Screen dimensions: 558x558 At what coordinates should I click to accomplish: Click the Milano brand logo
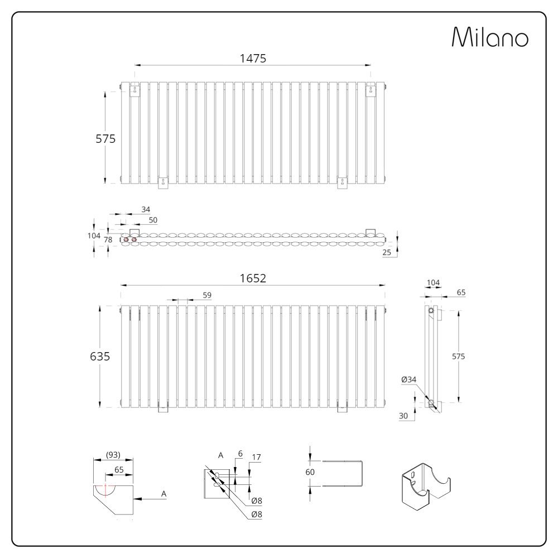489,38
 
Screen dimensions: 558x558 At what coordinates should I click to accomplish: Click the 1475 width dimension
253,58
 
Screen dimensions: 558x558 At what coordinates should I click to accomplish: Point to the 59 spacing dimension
207,295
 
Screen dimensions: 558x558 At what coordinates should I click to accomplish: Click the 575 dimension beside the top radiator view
105,139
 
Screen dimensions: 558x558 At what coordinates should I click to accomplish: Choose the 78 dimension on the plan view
108,239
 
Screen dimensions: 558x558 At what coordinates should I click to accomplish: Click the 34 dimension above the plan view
146,209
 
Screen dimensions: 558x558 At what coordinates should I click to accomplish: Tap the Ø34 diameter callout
408,379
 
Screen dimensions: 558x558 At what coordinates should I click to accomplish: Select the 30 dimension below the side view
403,415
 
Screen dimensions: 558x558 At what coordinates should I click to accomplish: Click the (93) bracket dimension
113,455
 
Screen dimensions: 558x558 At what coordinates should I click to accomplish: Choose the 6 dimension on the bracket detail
240,454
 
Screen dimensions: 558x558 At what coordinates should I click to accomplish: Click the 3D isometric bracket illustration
425,484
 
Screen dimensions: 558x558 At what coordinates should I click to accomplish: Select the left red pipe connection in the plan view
126,239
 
